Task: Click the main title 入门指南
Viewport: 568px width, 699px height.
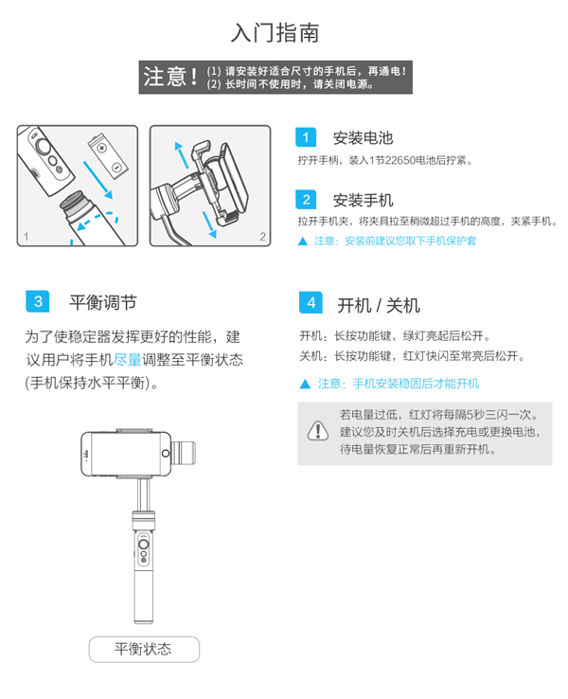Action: click(x=275, y=33)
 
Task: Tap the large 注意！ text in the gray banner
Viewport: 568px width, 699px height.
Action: click(x=170, y=77)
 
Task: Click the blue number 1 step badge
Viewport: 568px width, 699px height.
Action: click(x=306, y=137)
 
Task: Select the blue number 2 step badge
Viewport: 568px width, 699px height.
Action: click(x=306, y=199)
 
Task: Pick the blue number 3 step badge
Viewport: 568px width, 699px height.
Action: click(x=38, y=301)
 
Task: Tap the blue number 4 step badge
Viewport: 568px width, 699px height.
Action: click(x=311, y=303)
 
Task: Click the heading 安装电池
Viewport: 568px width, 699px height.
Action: click(x=364, y=138)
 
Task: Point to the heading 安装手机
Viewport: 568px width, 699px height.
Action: click(x=364, y=200)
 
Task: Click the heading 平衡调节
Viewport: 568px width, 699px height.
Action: click(x=103, y=303)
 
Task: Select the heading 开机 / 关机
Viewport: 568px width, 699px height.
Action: click(x=379, y=305)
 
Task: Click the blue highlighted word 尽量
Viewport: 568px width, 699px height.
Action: click(x=128, y=359)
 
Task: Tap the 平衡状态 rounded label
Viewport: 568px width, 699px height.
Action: click(x=144, y=649)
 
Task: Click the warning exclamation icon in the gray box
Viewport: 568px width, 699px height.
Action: click(x=318, y=431)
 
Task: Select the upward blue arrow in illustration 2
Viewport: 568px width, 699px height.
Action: click(x=182, y=154)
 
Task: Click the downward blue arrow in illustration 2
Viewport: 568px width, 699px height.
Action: click(x=209, y=224)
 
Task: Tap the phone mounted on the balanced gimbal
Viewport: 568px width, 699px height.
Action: click(x=126, y=454)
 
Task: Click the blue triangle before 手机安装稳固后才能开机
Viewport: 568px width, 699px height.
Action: click(x=305, y=384)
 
